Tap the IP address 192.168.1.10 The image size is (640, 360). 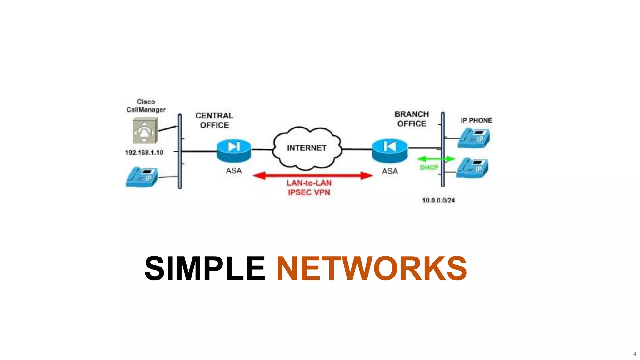click(x=144, y=152)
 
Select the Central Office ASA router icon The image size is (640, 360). click(x=234, y=150)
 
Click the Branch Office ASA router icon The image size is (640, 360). click(x=390, y=150)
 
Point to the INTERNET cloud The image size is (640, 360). click(x=307, y=148)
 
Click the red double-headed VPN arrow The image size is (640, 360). click(x=312, y=175)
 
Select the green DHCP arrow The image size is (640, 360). click(x=436, y=159)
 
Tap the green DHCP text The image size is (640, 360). click(x=429, y=168)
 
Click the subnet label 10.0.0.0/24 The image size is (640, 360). click(x=438, y=200)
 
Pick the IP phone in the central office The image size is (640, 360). click(x=142, y=177)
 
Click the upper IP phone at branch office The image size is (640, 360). click(x=474, y=138)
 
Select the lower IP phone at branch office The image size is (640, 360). click(x=472, y=168)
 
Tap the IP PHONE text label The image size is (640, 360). click(x=476, y=120)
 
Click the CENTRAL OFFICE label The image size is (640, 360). click(x=214, y=120)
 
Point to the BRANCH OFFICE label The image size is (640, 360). click(x=412, y=119)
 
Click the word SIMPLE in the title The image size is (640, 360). click(x=205, y=268)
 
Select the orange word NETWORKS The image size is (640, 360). click(x=372, y=268)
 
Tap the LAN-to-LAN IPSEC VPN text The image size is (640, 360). click(x=309, y=187)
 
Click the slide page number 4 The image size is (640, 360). click(x=634, y=354)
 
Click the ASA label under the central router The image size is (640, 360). click(x=234, y=171)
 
